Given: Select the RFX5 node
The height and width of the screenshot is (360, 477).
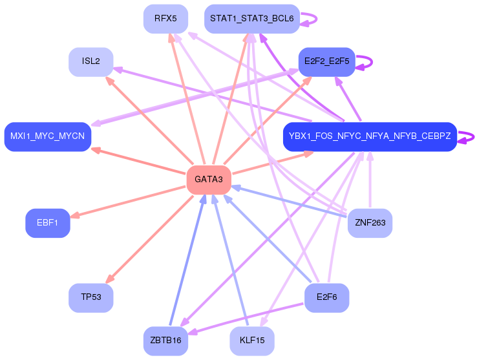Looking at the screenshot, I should pyautogui.click(x=165, y=19).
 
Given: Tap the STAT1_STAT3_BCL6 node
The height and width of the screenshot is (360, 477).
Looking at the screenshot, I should pyautogui.click(x=251, y=19).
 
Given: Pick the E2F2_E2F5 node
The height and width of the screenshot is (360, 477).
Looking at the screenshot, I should pyautogui.click(x=326, y=61).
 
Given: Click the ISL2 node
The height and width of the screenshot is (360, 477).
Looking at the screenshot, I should pyautogui.click(x=91, y=61).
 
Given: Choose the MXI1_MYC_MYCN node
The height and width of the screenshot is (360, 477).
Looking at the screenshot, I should pyautogui.click(x=47, y=137).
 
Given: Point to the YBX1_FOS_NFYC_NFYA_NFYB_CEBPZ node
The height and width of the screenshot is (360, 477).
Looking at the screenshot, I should pyautogui.click(x=370, y=137).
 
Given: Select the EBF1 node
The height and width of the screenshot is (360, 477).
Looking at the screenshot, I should pyautogui.click(x=47, y=223).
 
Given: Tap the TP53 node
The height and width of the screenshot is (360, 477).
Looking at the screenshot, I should pyautogui.click(x=91, y=298).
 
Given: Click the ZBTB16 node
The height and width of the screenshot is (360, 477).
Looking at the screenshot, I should pyautogui.click(x=165, y=341).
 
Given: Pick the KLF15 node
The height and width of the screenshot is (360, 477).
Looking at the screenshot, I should pyautogui.click(x=251, y=341).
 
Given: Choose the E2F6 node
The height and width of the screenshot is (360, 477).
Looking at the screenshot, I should pyautogui.click(x=326, y=298).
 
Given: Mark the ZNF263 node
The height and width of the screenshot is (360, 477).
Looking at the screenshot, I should pyautogui.click(x=370, y=223).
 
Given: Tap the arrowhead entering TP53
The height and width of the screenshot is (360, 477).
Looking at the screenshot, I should pyautogui.click(x=109, y=279).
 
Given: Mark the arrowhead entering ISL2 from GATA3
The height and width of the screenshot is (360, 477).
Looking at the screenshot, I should pyautogui.click(x=109, y=81).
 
